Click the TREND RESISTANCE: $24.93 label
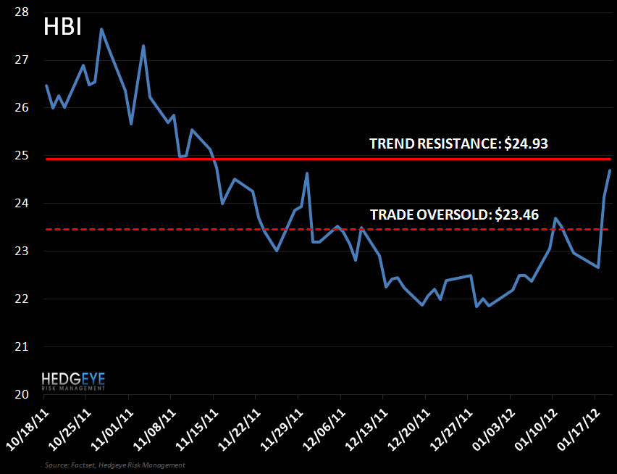click(458, 144)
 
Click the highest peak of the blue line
click(101, 29)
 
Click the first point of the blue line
click(46, 86)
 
